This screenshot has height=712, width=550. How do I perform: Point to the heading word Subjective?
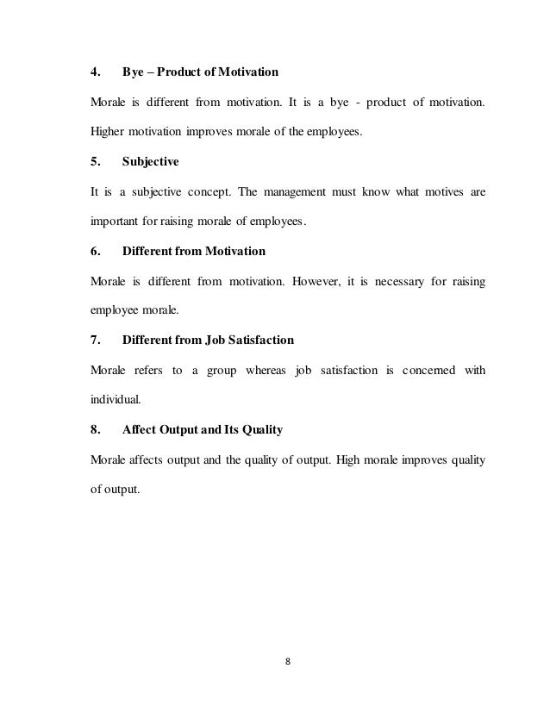(150, 160)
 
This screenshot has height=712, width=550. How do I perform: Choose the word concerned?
(428, 372)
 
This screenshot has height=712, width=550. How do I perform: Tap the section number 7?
(96, 341)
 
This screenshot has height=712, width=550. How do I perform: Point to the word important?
(116, 221)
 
